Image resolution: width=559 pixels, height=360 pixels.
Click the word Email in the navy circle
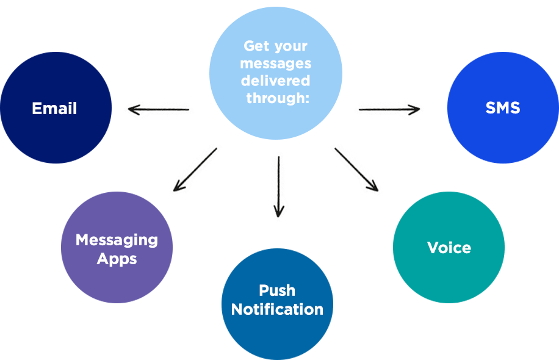(54, 109)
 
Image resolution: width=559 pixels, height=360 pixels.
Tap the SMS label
(502, 108)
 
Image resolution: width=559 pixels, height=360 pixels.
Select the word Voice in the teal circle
(449, 248)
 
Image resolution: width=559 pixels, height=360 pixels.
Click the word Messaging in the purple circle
(117, 240)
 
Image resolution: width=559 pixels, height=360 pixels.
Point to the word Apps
(117, 259)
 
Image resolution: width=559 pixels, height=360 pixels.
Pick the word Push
(276, 290)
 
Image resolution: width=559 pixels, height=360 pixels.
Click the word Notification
(277, 309)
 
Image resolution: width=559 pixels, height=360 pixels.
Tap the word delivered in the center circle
(275, 81)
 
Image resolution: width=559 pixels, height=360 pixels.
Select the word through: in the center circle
(278, 98)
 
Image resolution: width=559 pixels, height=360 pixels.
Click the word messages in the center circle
(275, 63)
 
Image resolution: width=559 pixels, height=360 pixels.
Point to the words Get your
(275, 46)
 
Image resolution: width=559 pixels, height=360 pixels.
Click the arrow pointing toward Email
(159, 109)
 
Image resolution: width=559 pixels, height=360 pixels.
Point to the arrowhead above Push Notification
(278, 211)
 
